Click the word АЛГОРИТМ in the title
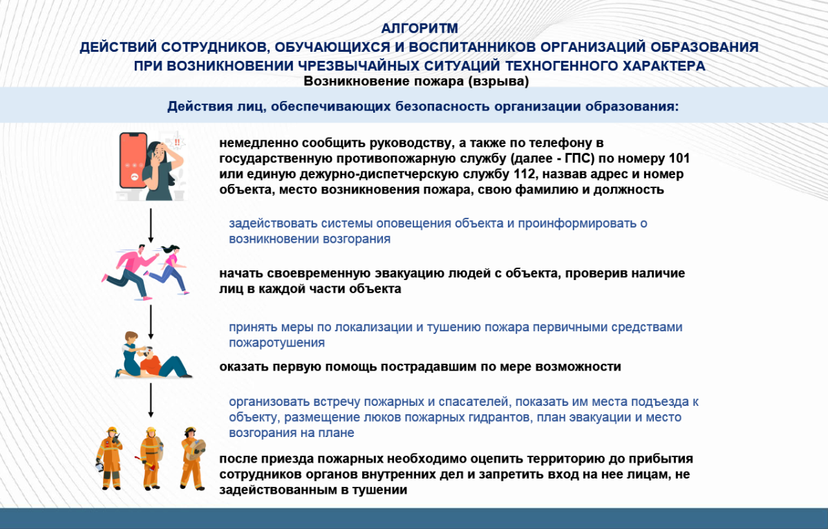420,28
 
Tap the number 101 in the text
679,158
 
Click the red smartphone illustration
133,160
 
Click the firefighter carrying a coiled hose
192,458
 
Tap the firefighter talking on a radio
110,458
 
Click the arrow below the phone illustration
151,225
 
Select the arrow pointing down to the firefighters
151,400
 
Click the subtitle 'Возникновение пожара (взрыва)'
416,81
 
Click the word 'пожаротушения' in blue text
276,342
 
